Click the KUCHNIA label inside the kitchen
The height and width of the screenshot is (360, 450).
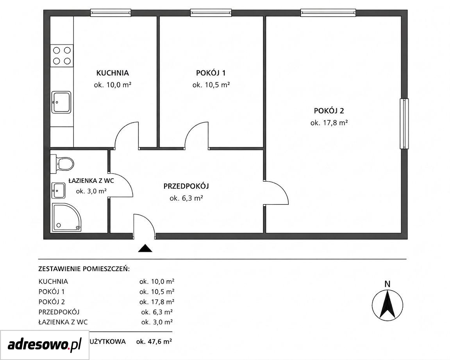coord(112,73)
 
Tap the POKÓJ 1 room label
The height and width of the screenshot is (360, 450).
coord(211,73)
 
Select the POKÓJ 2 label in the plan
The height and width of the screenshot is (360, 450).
coord(329,111)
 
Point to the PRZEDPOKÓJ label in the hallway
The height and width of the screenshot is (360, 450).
coord(186,186)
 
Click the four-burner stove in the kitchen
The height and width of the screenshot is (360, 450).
coord(62,56)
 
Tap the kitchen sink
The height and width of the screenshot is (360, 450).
coord(61,102)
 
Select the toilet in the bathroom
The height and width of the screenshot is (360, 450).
coord(62,164)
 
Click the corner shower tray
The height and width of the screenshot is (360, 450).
coord(66,217)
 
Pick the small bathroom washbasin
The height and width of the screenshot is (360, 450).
coord(58,191)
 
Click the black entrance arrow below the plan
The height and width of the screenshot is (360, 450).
coord(145,248)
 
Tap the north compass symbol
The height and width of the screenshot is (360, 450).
coord(387,304)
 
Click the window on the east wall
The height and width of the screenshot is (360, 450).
coord(404,124)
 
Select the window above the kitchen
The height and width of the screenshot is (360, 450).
coord(111,12)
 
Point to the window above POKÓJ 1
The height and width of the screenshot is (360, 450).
coord(211,12)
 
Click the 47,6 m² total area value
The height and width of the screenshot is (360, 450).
coord(154,342)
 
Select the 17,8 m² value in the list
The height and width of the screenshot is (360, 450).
coord(157,302)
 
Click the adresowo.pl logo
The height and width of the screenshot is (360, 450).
coord(45,344)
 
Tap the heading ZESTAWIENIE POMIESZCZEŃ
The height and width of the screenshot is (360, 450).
coord(84,269)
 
